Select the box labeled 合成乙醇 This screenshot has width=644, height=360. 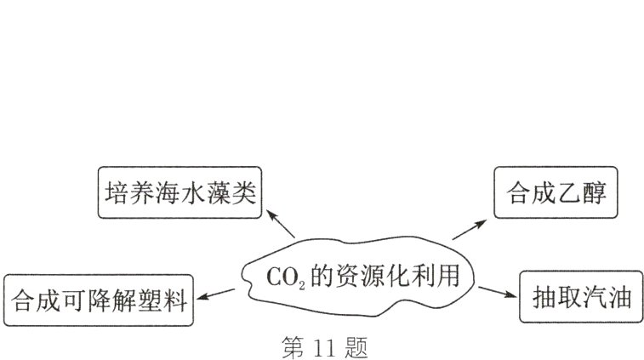coord(555,193)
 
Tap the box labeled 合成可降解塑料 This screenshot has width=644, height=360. coord(98,300)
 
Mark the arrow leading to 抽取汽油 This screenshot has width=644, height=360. coord(498,292)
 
